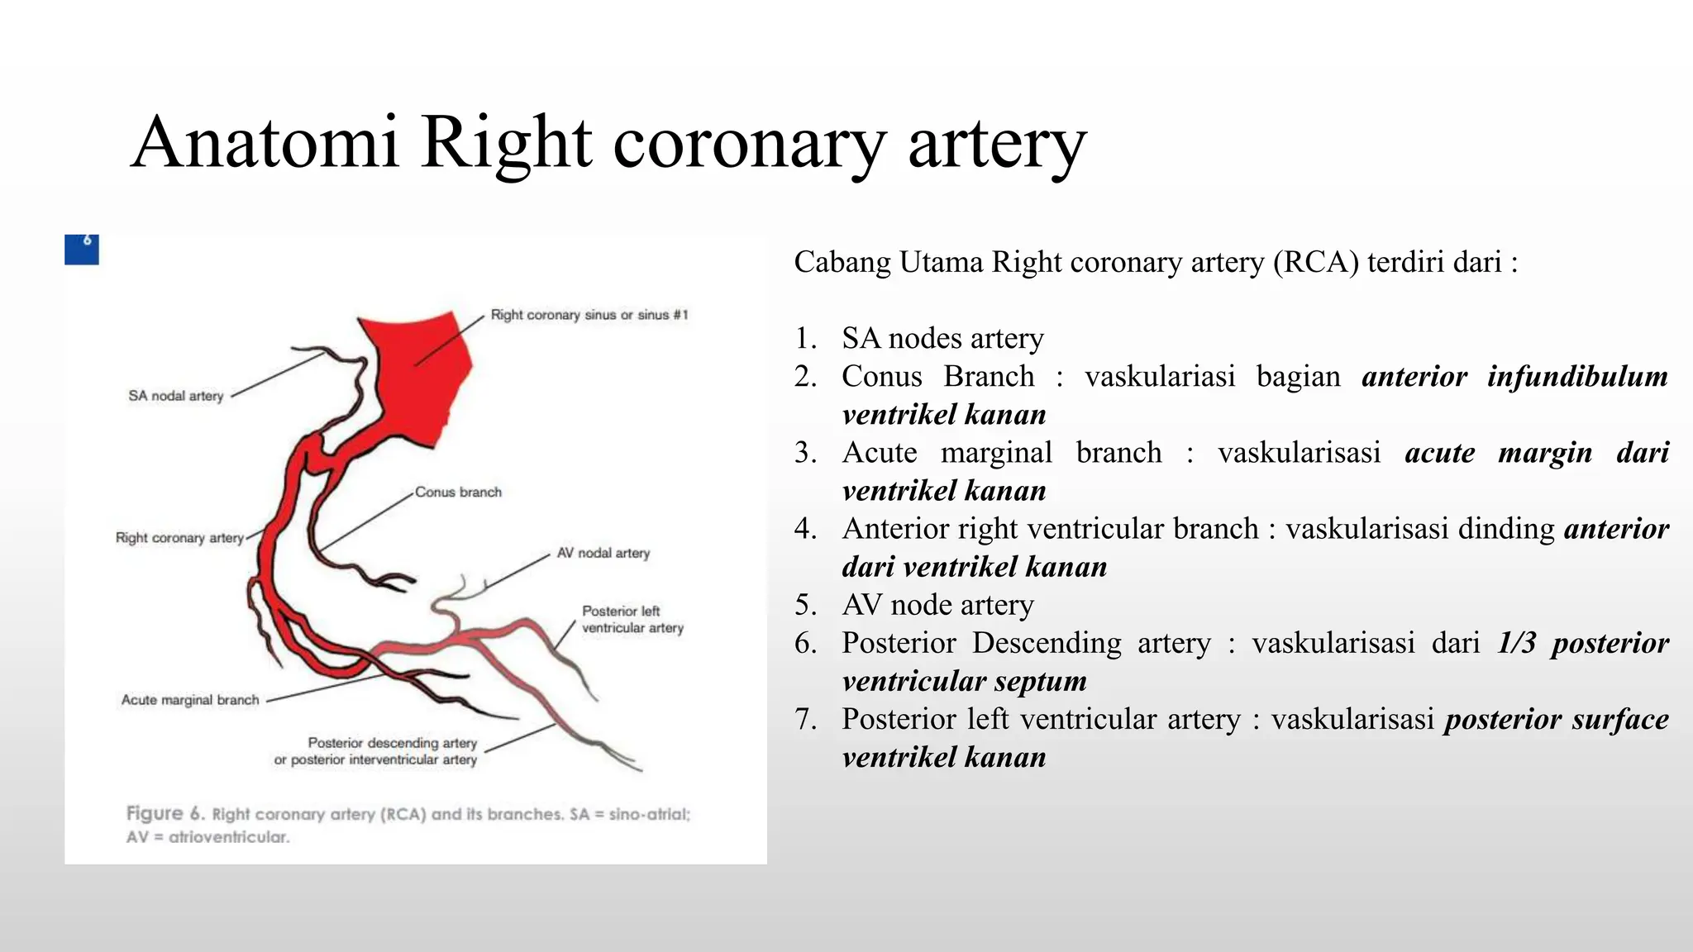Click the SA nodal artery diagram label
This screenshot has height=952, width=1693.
pyautogui.click(x=175, y=396)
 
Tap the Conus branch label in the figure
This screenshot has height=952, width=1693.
pyautogui.click(x=458, y=492)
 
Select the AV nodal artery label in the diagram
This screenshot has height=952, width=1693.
pyautogui.click(x=603, y=553)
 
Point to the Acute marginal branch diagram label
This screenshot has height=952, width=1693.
pyautogui.click(x=190, y=700)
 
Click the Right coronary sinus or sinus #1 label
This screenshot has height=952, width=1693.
pyautogui.click(x=589, y=315)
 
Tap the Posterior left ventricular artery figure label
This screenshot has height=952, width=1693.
pyautogui.click(x=632, y=619)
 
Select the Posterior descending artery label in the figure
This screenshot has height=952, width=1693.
pyautogui.click(x=392, y=743)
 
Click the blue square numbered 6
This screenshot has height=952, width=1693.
pyautogui.click(x=82, y=249)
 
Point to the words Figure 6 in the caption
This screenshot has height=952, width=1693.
pyautogui.click(x=165, y=813)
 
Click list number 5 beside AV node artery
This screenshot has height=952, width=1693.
pyautogui.click(x=805, y=606)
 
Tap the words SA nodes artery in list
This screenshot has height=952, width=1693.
pyautogui.click(x=942, y=339)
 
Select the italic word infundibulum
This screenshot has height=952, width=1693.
pyautogui.click(x=1577, y=377)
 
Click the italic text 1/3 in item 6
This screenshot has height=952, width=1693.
pyautogui.click(x=1516, y=643)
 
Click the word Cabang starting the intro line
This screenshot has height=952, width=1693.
pyautogui.click(x=842, y=263)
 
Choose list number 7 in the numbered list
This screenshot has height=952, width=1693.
pyautogui.click(x=805, y=720)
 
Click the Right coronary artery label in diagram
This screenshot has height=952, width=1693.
pyautogui.click(x=179, y=538)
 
